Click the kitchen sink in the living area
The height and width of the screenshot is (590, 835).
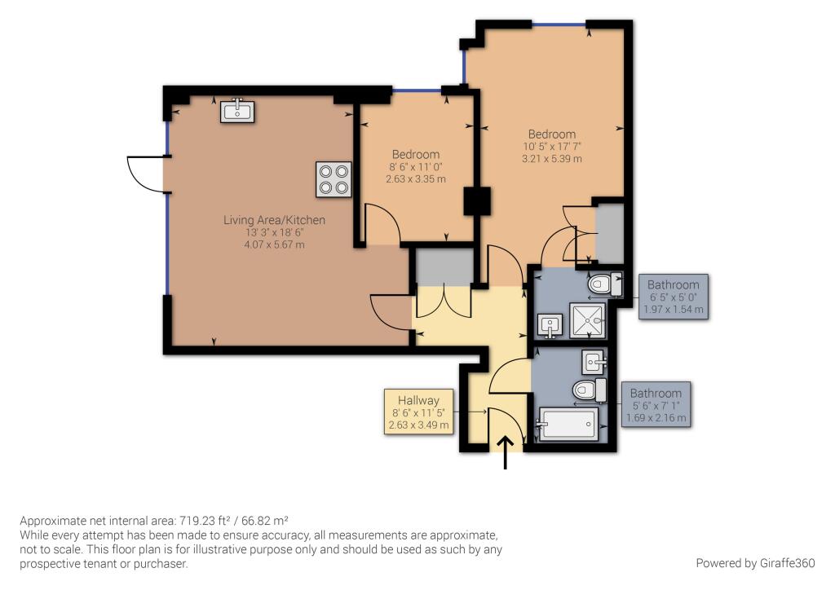click(237, 111)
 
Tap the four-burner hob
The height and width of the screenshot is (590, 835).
click(334, 179)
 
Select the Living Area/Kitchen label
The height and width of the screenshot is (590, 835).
click(274, 220)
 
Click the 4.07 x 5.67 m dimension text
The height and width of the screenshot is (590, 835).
click(274, 244)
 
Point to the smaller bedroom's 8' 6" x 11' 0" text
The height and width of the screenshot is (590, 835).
click(416, 166)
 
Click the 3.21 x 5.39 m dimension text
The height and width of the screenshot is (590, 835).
click(552, 159)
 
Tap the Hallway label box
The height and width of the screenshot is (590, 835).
click(418, 412)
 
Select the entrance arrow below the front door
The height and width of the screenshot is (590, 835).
click(506, 453)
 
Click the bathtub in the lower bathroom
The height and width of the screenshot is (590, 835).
click(568, 424)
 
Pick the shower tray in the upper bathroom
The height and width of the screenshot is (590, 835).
click(587, 321)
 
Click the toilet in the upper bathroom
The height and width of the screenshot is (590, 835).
click(605, 284)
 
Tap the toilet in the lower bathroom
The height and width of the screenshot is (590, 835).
click(590, 390)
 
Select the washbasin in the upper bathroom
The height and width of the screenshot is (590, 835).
click(550, 326)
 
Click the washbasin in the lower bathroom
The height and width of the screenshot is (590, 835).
click(594, 363)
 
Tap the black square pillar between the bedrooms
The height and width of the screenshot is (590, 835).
click(476, 201)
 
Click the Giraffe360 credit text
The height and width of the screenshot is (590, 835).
click(755, 563)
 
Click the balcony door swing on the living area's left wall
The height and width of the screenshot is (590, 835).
click(146, 174)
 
